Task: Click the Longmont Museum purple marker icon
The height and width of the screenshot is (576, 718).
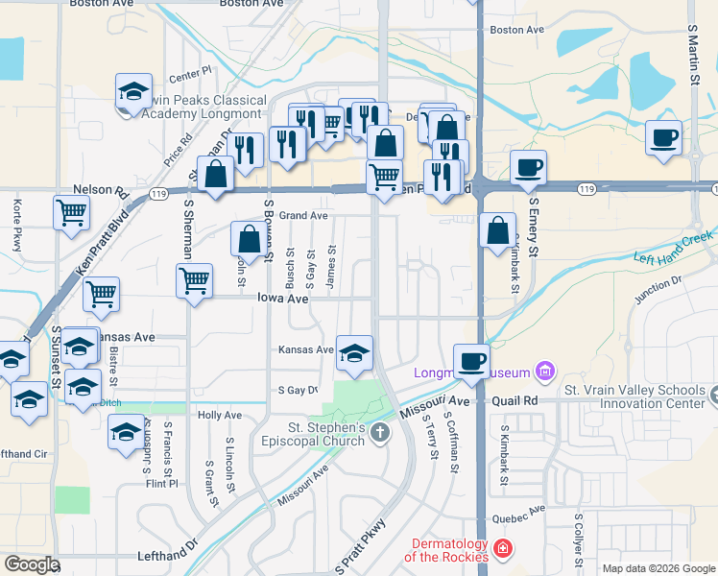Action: (546, 370)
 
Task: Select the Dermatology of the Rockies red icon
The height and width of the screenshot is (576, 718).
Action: (503, 550)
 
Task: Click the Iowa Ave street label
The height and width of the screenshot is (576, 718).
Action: (282, 299)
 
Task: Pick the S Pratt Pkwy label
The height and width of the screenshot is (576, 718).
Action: (360, 547)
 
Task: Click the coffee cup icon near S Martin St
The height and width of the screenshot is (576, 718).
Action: (663, 137)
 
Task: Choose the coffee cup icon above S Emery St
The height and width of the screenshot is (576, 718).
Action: (528, 168)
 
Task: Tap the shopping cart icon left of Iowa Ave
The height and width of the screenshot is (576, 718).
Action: (194, 280)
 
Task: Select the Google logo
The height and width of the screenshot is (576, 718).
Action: (31, 564)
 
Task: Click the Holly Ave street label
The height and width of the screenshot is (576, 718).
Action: (219, 415)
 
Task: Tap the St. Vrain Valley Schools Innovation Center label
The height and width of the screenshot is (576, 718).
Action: (634, 396)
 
